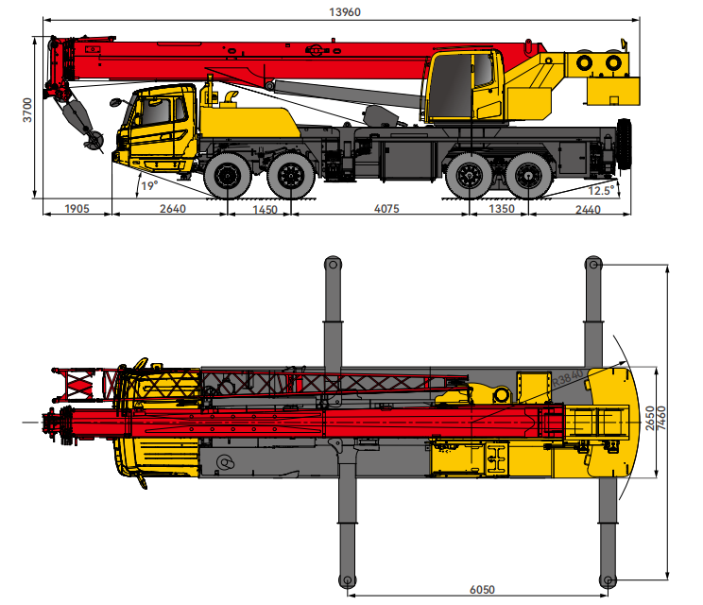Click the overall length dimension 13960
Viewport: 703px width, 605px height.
pos(344,12)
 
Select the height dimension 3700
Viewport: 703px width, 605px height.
pos(27,110)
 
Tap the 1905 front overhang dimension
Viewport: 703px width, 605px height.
pos(77,209)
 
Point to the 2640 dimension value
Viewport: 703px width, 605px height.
pos(173,209)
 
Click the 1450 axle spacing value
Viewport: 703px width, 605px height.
pos(265,210)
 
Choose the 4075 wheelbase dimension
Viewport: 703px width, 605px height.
pos(386,209)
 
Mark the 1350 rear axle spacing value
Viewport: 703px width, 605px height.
pos(501,209)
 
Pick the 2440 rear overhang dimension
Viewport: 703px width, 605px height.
pos(588,210)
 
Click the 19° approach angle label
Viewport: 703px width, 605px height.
pos(149,185)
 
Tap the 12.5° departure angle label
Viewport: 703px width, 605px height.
pos(601,191)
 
